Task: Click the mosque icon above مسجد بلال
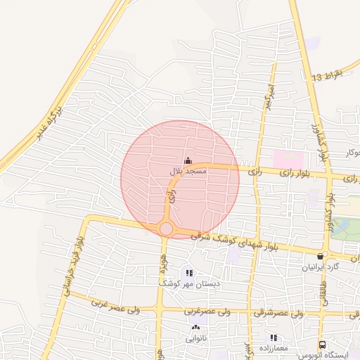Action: click(187, 161)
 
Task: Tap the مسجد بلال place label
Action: click(188, 172)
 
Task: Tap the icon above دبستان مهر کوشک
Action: click(188, 273)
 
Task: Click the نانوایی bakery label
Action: click(196, 337)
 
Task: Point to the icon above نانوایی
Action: click(195, 328)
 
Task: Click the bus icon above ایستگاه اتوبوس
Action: click(322, 345)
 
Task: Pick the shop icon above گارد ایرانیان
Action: click(321, 257)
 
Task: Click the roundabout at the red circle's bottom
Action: click(167, 229)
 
